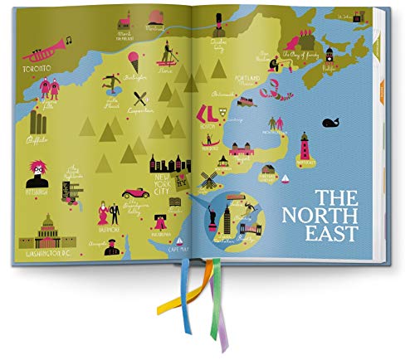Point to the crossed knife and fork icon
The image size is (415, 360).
pyautogui.click(x=140, y=98)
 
